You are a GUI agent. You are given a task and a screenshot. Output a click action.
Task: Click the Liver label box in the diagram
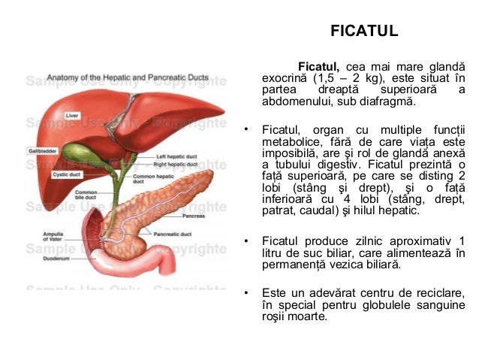(72, 116)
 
